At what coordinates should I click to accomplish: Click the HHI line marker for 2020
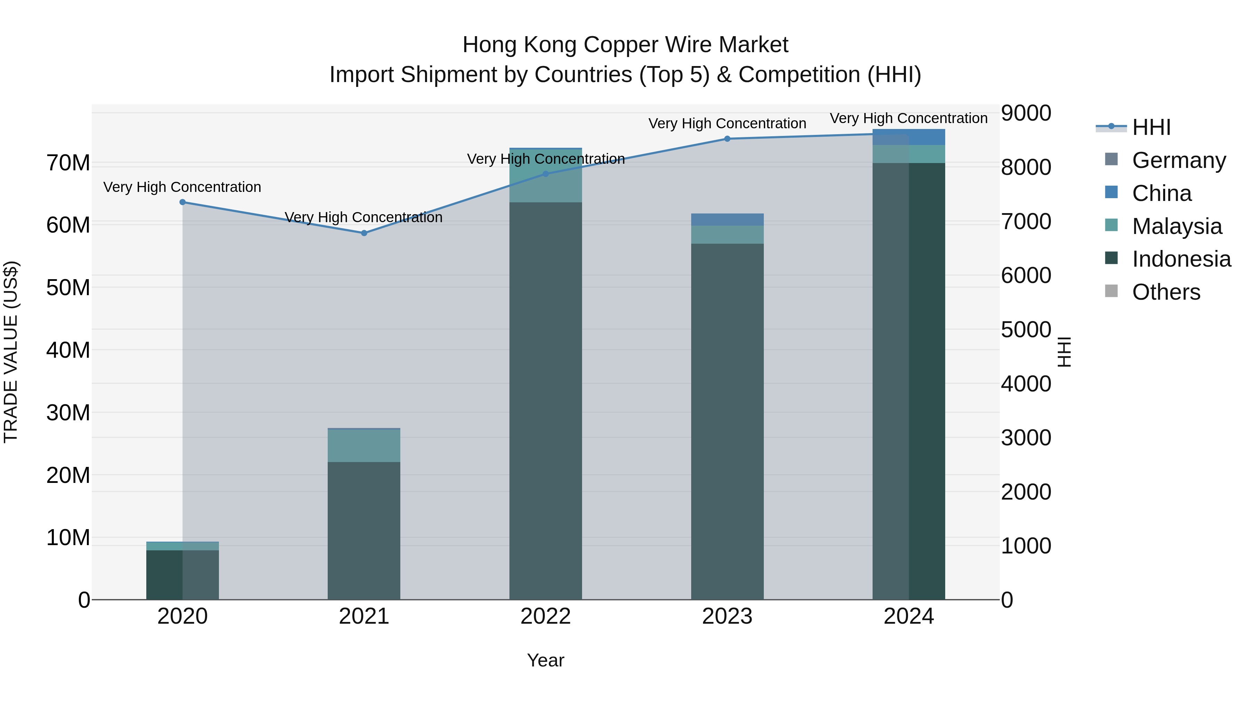[x=182, y=202]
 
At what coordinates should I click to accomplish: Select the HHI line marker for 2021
[x=364, y=233]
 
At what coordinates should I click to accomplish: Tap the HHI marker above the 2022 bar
[x=545, y=174]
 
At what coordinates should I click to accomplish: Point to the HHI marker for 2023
[x=727, y=139]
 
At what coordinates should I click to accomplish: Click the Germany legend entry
[x=1179, y=160]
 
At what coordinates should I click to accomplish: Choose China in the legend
[x=1162, y=193]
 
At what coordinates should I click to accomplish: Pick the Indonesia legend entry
[x=1181, y=259]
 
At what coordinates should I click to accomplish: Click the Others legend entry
[x=1166, y=292]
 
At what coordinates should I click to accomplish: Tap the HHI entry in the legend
[x=1151, y=127]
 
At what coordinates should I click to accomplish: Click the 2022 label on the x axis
[x=545, y=616]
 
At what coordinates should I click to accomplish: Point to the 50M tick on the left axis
[x=68, y=288]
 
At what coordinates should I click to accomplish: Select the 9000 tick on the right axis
[x=1026, y=113]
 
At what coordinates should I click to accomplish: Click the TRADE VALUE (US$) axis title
[x=11, y=352]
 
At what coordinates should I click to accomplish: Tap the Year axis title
[x=545, y=660]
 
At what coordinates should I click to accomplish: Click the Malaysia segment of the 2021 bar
[x=364, y=446]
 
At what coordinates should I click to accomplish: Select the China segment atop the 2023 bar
[x=727, y=220]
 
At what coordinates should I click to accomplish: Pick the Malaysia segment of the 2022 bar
[x=545, y=187]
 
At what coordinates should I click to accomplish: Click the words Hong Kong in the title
[x=520, y=45]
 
